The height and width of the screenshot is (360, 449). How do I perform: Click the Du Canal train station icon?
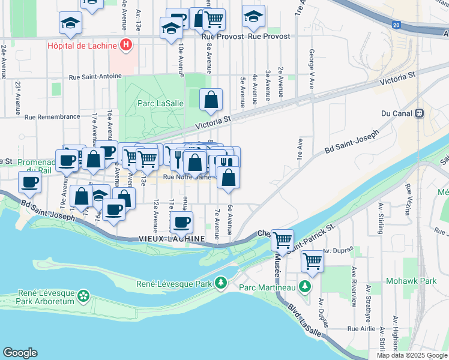click(x=419, y=113)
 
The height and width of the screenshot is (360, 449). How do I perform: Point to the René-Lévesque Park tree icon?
click(x=221, y=282)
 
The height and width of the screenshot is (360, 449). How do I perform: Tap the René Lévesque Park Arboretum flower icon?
click(x=83, y=296)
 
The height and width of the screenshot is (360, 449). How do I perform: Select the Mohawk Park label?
click(x=419, y=280)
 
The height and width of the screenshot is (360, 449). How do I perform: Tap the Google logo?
click(x=20, y=353)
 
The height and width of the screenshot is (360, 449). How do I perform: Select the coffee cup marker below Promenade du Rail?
click(x=29, y=181)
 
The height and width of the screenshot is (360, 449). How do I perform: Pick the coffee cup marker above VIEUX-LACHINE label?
click(x=181, y=222)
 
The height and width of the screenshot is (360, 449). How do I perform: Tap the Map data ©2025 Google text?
click(x=412, y=355)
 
